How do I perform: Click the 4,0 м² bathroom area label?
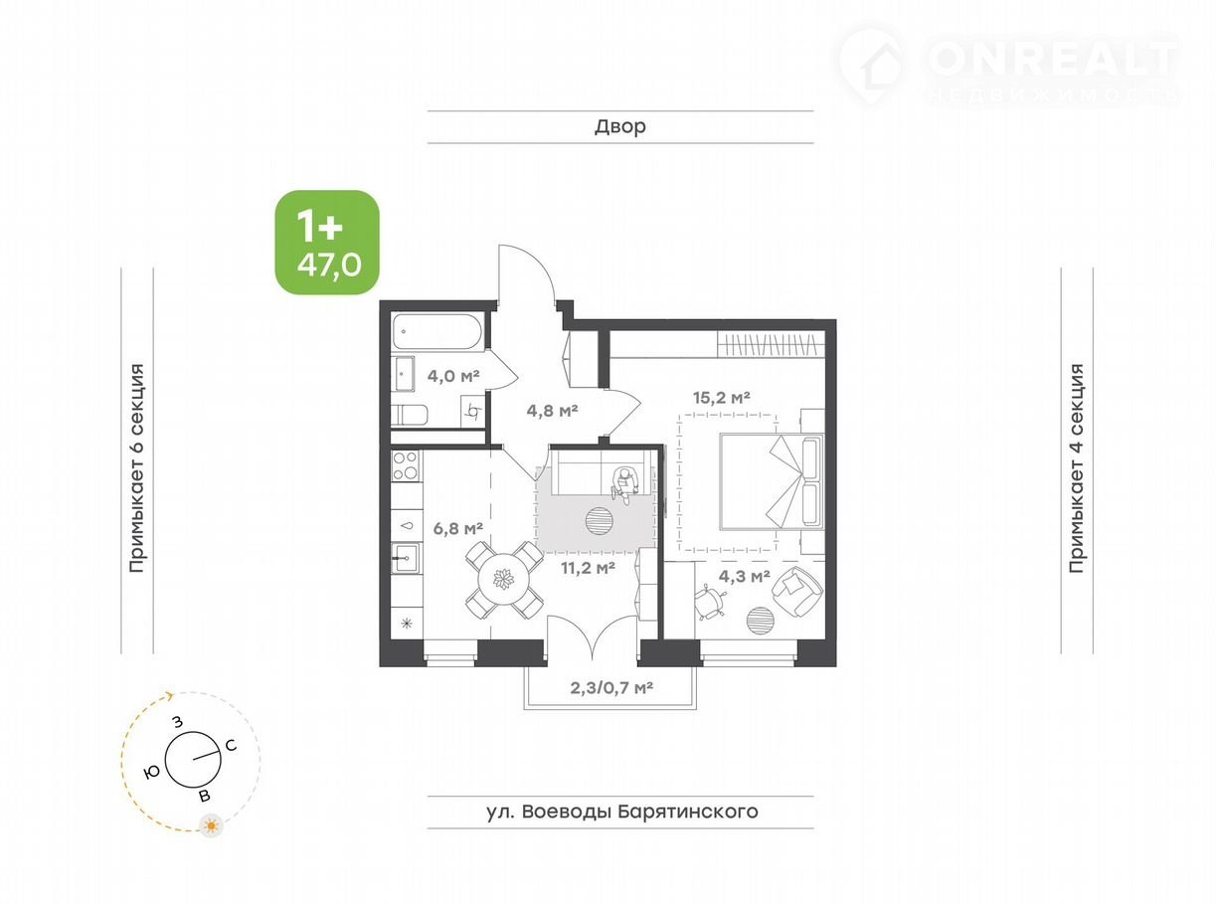453,376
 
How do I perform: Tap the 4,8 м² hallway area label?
552,410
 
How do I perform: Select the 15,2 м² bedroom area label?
721,397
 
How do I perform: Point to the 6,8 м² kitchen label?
457,528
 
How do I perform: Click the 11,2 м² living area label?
588,568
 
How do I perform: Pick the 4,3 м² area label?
744,576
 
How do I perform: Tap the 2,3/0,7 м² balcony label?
611,687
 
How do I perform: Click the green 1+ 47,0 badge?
327,242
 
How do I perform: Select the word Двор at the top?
620,126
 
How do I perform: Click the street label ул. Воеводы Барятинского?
622,812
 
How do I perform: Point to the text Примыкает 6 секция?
136,468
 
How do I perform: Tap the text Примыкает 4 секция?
1077,468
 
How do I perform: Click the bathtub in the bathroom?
437,331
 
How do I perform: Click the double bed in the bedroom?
772,482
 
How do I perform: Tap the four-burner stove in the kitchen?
406,465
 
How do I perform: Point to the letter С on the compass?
231,746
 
